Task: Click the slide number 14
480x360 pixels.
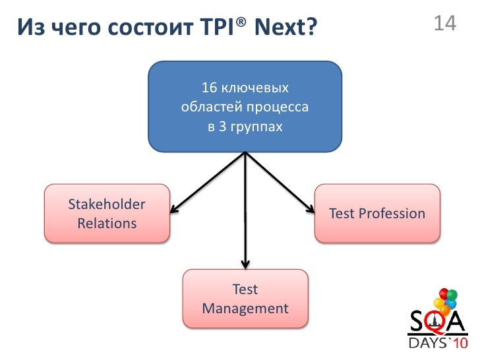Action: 445,24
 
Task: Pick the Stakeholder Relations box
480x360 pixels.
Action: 106,214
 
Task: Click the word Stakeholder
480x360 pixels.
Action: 107,204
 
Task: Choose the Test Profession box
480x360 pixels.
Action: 377,214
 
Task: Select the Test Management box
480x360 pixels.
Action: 245,299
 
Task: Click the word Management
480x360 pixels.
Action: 245,309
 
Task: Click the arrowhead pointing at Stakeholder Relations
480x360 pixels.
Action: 173,209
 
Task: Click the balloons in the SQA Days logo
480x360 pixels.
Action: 448,300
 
